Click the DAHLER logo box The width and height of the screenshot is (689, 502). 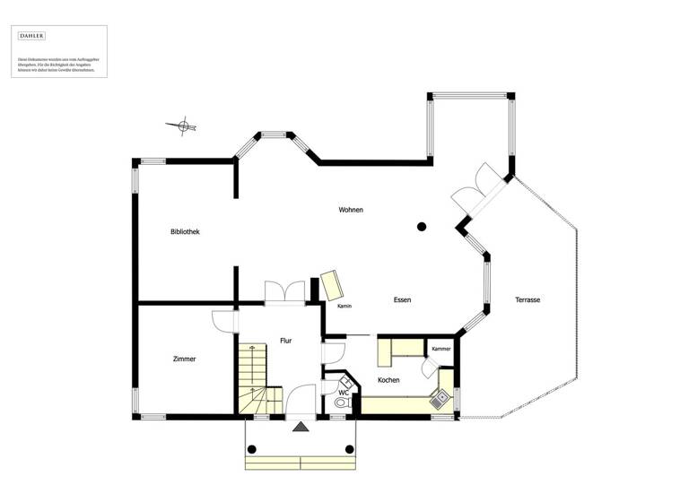point(31,36)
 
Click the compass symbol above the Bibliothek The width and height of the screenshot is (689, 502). point(183,126)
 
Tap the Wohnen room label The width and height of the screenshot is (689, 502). point(351,210)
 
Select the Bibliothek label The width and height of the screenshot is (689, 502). point(185,231)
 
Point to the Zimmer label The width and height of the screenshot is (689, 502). point(184,359)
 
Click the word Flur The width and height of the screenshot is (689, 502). point(285,341)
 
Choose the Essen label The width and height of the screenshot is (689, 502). point(402,299)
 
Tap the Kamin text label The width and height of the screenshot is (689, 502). point(344,307)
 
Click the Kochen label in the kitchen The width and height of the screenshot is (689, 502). point(389,380)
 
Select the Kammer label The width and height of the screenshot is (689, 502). point(440,349)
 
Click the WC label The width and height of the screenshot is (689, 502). point(343,393)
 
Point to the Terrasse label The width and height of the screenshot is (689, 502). point(528,299)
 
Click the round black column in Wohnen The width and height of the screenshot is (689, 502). point(421,227)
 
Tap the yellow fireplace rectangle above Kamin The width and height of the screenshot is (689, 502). point(333,285)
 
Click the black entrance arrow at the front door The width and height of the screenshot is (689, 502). point(299,427)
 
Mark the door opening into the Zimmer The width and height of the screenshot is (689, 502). point(223,321)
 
